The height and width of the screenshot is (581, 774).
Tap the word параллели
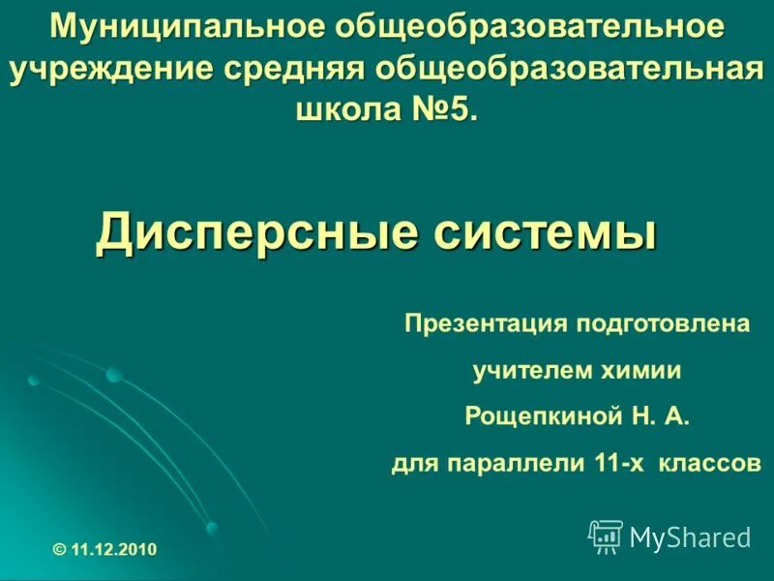(x=515, y=464)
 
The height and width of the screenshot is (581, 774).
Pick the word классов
(x=709, y=464)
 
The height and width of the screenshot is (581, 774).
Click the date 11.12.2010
(x=113, y=550)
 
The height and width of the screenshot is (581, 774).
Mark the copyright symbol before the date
(x=60, y=550)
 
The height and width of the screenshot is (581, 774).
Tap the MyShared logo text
(x=690, y=537)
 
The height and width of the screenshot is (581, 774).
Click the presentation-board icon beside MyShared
(x=606, y=535)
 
